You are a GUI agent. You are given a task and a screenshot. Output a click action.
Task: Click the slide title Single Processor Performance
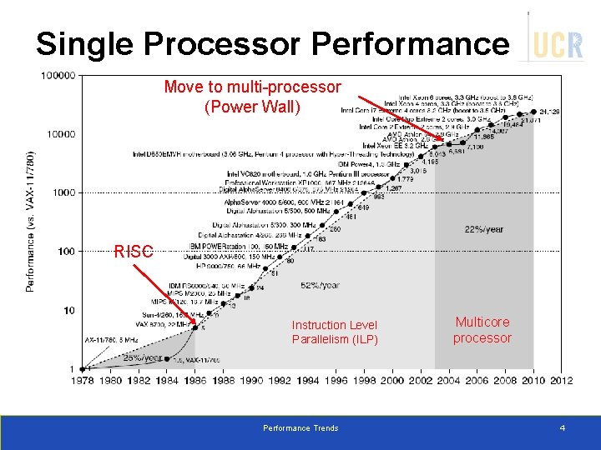[271, 42]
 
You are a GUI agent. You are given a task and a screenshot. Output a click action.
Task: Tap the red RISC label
[133, 251]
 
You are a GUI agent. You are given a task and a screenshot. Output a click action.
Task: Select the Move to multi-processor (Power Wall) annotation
[252, 97]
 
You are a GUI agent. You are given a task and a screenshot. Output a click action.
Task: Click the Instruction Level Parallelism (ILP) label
[335, 332]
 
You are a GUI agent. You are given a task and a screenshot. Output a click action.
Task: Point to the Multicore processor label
[482, 330]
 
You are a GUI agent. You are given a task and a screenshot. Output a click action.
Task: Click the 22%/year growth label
[483, 229]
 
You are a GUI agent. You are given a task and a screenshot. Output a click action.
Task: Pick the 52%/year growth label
[320, 285]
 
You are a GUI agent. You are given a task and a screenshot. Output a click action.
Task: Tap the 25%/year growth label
[142, 357]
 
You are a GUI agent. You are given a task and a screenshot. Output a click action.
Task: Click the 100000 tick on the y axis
[58, 75]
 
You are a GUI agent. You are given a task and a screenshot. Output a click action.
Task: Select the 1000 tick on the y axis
[63, 192]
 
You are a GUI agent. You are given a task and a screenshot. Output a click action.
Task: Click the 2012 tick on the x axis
[561, 381]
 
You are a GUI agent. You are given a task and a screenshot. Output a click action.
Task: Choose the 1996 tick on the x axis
[336, 381]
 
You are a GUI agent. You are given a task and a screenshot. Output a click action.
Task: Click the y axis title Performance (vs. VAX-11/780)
[31, 221]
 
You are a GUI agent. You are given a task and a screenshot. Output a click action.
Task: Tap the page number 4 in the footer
[562, 428]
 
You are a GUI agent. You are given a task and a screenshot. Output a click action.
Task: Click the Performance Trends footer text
[300, 428]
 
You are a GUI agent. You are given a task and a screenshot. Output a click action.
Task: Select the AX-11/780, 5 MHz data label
[112, 340]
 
